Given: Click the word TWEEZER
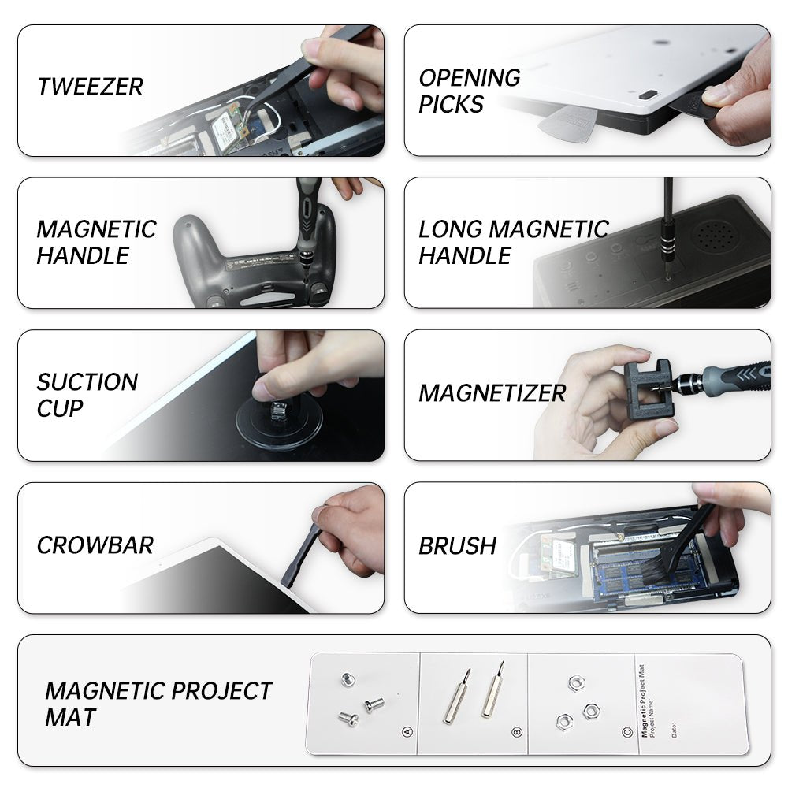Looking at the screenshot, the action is coord(91,87).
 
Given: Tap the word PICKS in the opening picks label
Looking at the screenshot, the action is coord(451,105).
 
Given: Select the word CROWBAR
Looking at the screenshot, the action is coord(95,545).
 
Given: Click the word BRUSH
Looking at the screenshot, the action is coord(457,546).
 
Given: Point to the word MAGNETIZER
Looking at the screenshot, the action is coord(492,393).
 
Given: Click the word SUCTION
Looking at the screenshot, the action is coord(87,382).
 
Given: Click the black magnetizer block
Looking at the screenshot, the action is coord(649,389).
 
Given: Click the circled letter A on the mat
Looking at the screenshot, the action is coord(407,732).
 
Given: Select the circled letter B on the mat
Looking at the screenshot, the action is coord(517,732).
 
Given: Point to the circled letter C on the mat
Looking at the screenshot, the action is coord(627,732).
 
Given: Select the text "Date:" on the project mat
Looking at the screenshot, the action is coord(674,730).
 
